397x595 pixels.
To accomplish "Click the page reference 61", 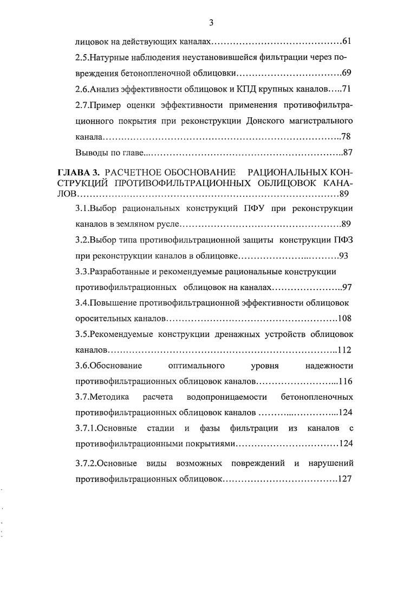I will (348, 41).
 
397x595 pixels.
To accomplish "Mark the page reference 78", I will (348, 135).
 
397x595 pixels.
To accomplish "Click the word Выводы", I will (90, 151).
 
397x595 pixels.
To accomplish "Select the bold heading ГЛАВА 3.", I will (80, 171).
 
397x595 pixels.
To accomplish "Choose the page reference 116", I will (345, 381).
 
